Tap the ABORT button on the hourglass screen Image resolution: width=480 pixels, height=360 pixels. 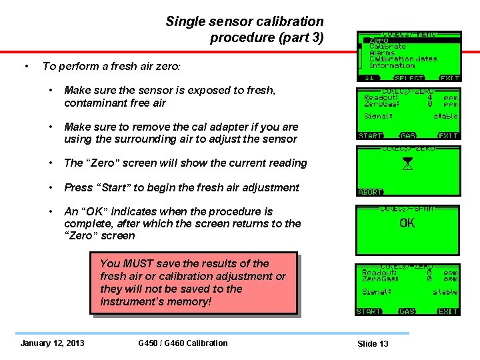tap(371, 192)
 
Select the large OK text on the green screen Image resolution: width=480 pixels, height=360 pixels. tap(407, 223)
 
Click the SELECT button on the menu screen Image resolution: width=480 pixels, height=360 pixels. tap(409, 78)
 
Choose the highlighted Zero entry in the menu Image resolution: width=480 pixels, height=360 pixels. tap(379, 41)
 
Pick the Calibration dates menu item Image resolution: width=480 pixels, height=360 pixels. tap(403, 59)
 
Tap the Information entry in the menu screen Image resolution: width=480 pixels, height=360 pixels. tap(392, 65)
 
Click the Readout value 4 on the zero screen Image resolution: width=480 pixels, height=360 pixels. tap(430, 97)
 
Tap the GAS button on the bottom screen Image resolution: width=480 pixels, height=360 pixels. tap(407, 311)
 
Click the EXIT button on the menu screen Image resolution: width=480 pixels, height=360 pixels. tap(449, 78)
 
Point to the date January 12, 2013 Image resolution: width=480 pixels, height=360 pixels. tap(53, 343)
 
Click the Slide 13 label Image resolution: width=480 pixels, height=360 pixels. tap(373, 344)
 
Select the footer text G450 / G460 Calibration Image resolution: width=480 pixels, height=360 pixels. tap(183, 343)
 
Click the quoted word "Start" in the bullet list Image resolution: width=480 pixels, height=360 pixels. tap(112, 187)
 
